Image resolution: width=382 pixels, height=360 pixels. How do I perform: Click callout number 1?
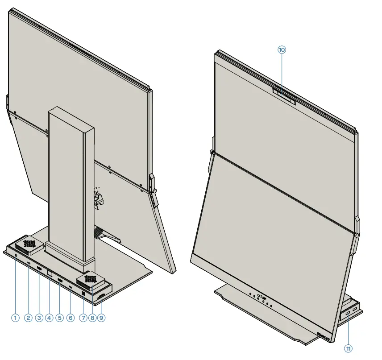(15, 318)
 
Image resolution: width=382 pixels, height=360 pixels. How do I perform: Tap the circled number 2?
(28, 318)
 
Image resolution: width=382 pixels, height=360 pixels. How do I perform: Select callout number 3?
(39, 318)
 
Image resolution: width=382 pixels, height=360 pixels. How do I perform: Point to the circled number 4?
(49, 318)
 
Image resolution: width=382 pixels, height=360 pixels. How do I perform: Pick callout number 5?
(60, 318)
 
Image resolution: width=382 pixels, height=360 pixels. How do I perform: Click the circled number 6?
(71, 318)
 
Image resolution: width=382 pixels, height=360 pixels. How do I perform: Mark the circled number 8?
(92, 318)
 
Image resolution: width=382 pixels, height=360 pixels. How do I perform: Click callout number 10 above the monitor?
(282, 50)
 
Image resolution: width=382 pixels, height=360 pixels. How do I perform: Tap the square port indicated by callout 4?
(50, 272)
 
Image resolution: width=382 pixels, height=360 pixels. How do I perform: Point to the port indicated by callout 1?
(16, 256)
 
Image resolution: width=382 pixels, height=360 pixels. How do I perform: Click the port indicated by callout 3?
(39, 269)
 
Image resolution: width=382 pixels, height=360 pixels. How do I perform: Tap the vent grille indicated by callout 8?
(91, 279)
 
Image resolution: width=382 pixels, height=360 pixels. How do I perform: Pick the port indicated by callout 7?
(83, 294)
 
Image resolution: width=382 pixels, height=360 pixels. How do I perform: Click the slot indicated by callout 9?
(101, 296)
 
